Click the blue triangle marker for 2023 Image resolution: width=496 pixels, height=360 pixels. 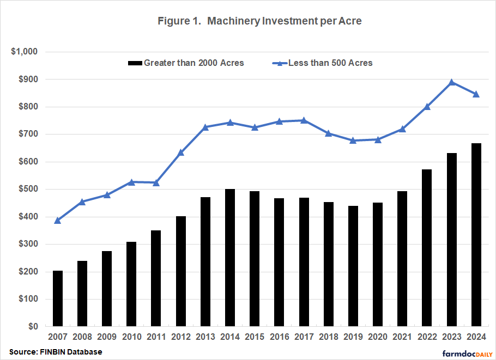pyautogui.click(x=451, y=82)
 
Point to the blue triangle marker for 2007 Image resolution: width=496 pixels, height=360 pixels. pyautogui.click(x=58, y=221)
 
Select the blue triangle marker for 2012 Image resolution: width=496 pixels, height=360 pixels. pyautogui.click(x=181, y=152)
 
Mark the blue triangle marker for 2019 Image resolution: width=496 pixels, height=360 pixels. pyautogui.click(x=353, y=140)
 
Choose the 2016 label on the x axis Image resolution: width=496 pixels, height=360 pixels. pyautogui.click(x=279, y=337)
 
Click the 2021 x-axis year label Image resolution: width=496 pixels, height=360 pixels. pyautogui.click(x=402, y=337)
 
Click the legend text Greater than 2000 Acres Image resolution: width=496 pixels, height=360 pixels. pyautogui.click(x=193, y=63)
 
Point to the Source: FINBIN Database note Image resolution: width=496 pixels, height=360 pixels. pyautogui.click(x=56, y=352)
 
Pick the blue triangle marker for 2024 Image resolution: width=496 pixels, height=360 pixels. pyautogui.click(x=476, y=94)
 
